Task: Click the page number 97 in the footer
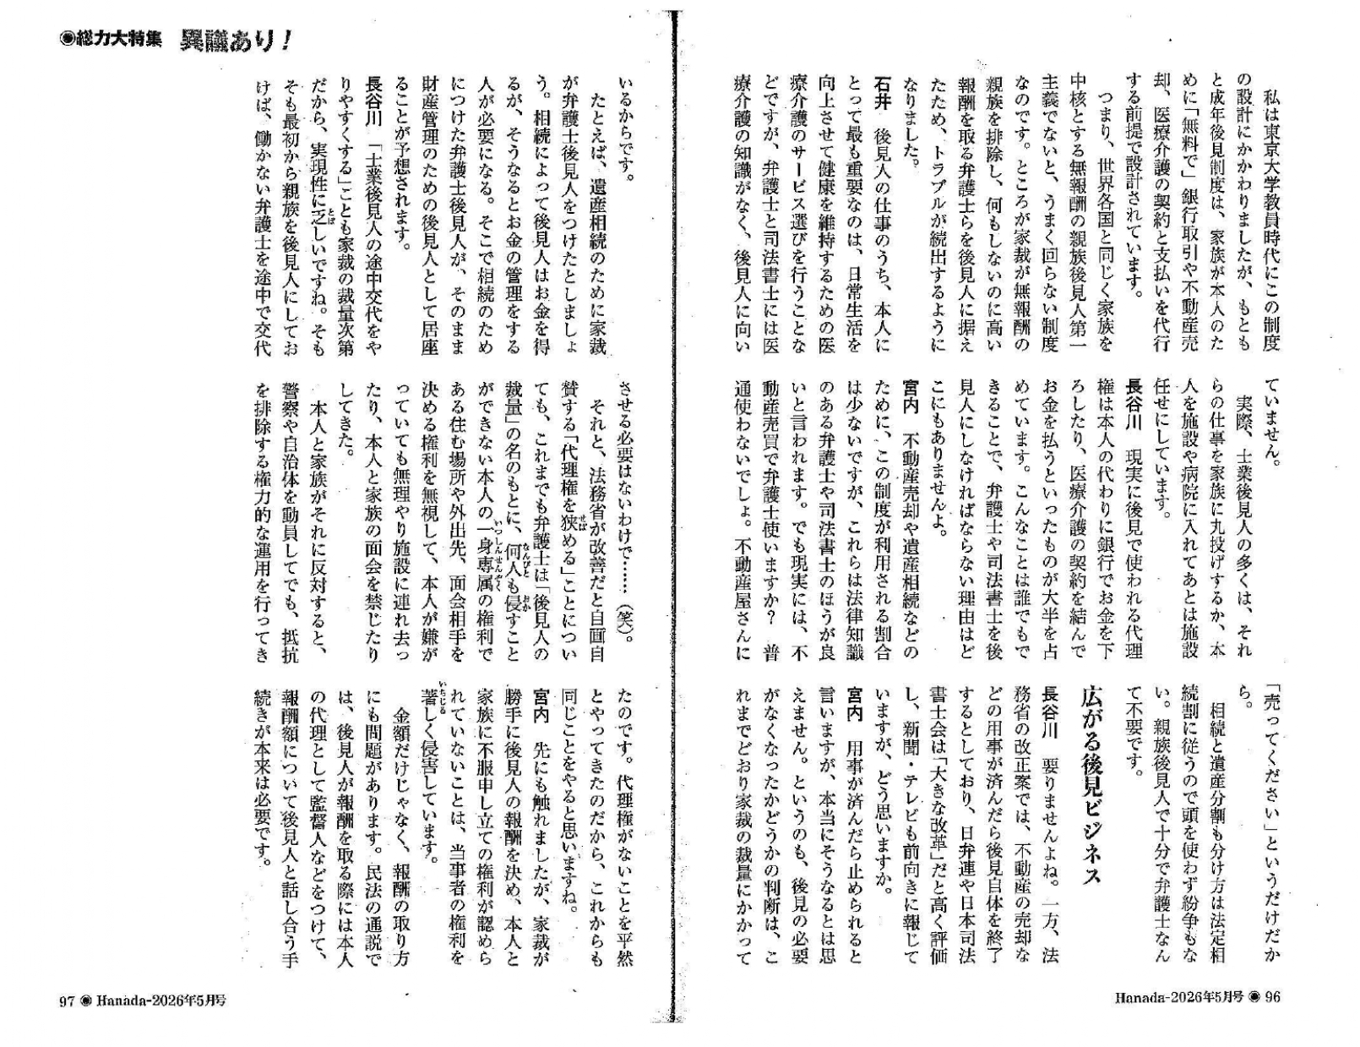(67, 1000)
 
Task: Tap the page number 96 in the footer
(1272, 997)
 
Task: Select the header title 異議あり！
(236, 41)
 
